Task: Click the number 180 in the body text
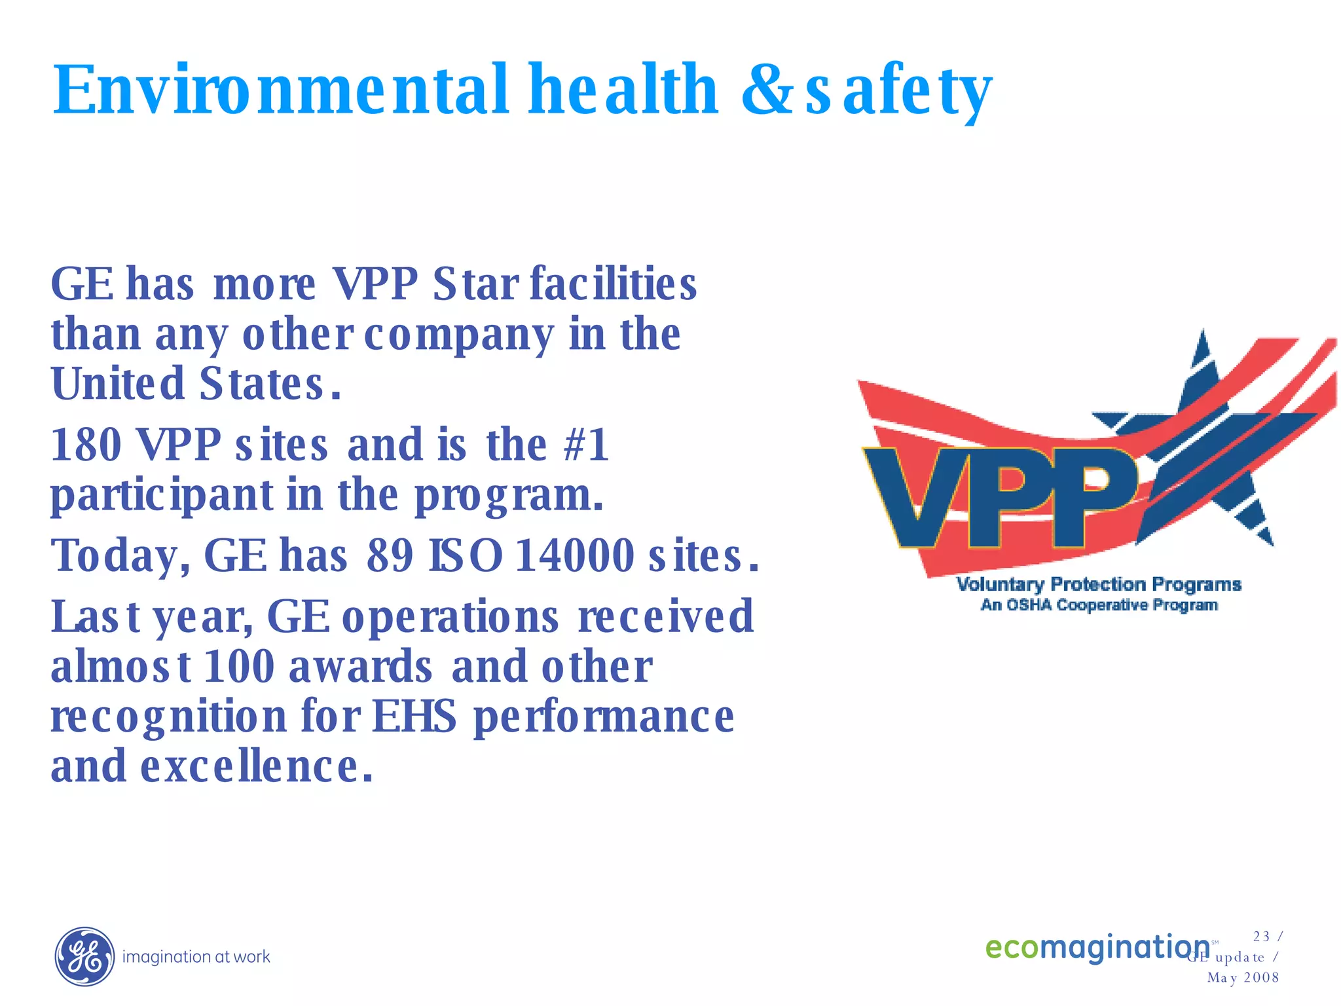coord(86,445)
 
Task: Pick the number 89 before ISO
coord(390,555)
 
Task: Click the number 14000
coord(575,555)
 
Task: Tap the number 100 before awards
coord(240,667)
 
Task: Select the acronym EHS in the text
coord(414,716)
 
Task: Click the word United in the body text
coord(118,384)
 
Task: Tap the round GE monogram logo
coord(84,956)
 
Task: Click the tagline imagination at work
coord(196,957)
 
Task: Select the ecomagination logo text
coord(1097,947)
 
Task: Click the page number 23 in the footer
coord(1261,937)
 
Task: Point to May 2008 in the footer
coord(1243,978)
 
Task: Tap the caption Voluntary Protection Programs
coord(1099,584)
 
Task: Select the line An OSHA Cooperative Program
coord(1099,605)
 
